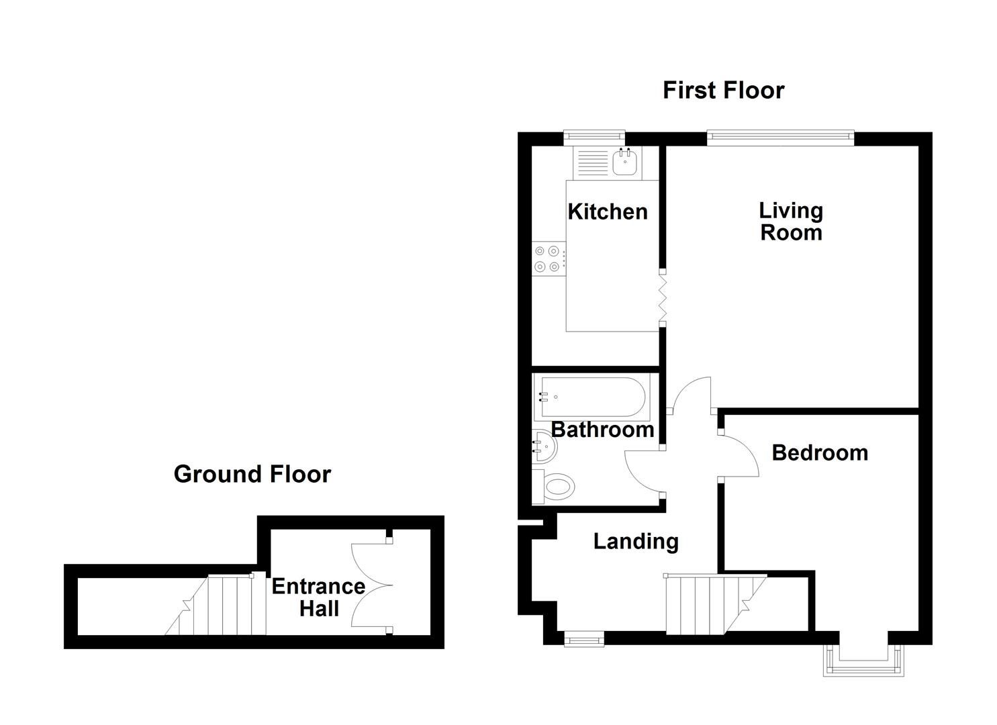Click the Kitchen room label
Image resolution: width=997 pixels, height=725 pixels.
[x=608, y=212]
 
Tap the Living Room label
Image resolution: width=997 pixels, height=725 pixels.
[x=791, y=222]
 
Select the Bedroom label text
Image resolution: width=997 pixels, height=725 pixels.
[x=820, y=453]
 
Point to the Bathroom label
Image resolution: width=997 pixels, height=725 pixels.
[x=602, y=430]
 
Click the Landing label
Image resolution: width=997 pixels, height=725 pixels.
[x=636, y=541]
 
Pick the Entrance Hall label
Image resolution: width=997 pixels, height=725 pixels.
[x=318, y=597]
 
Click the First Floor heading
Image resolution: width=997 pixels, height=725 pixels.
[x=723, y=91]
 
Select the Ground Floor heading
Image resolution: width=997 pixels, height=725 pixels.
[x=252, y=475]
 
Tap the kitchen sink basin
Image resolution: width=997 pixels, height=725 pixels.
[x=625, y=163]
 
